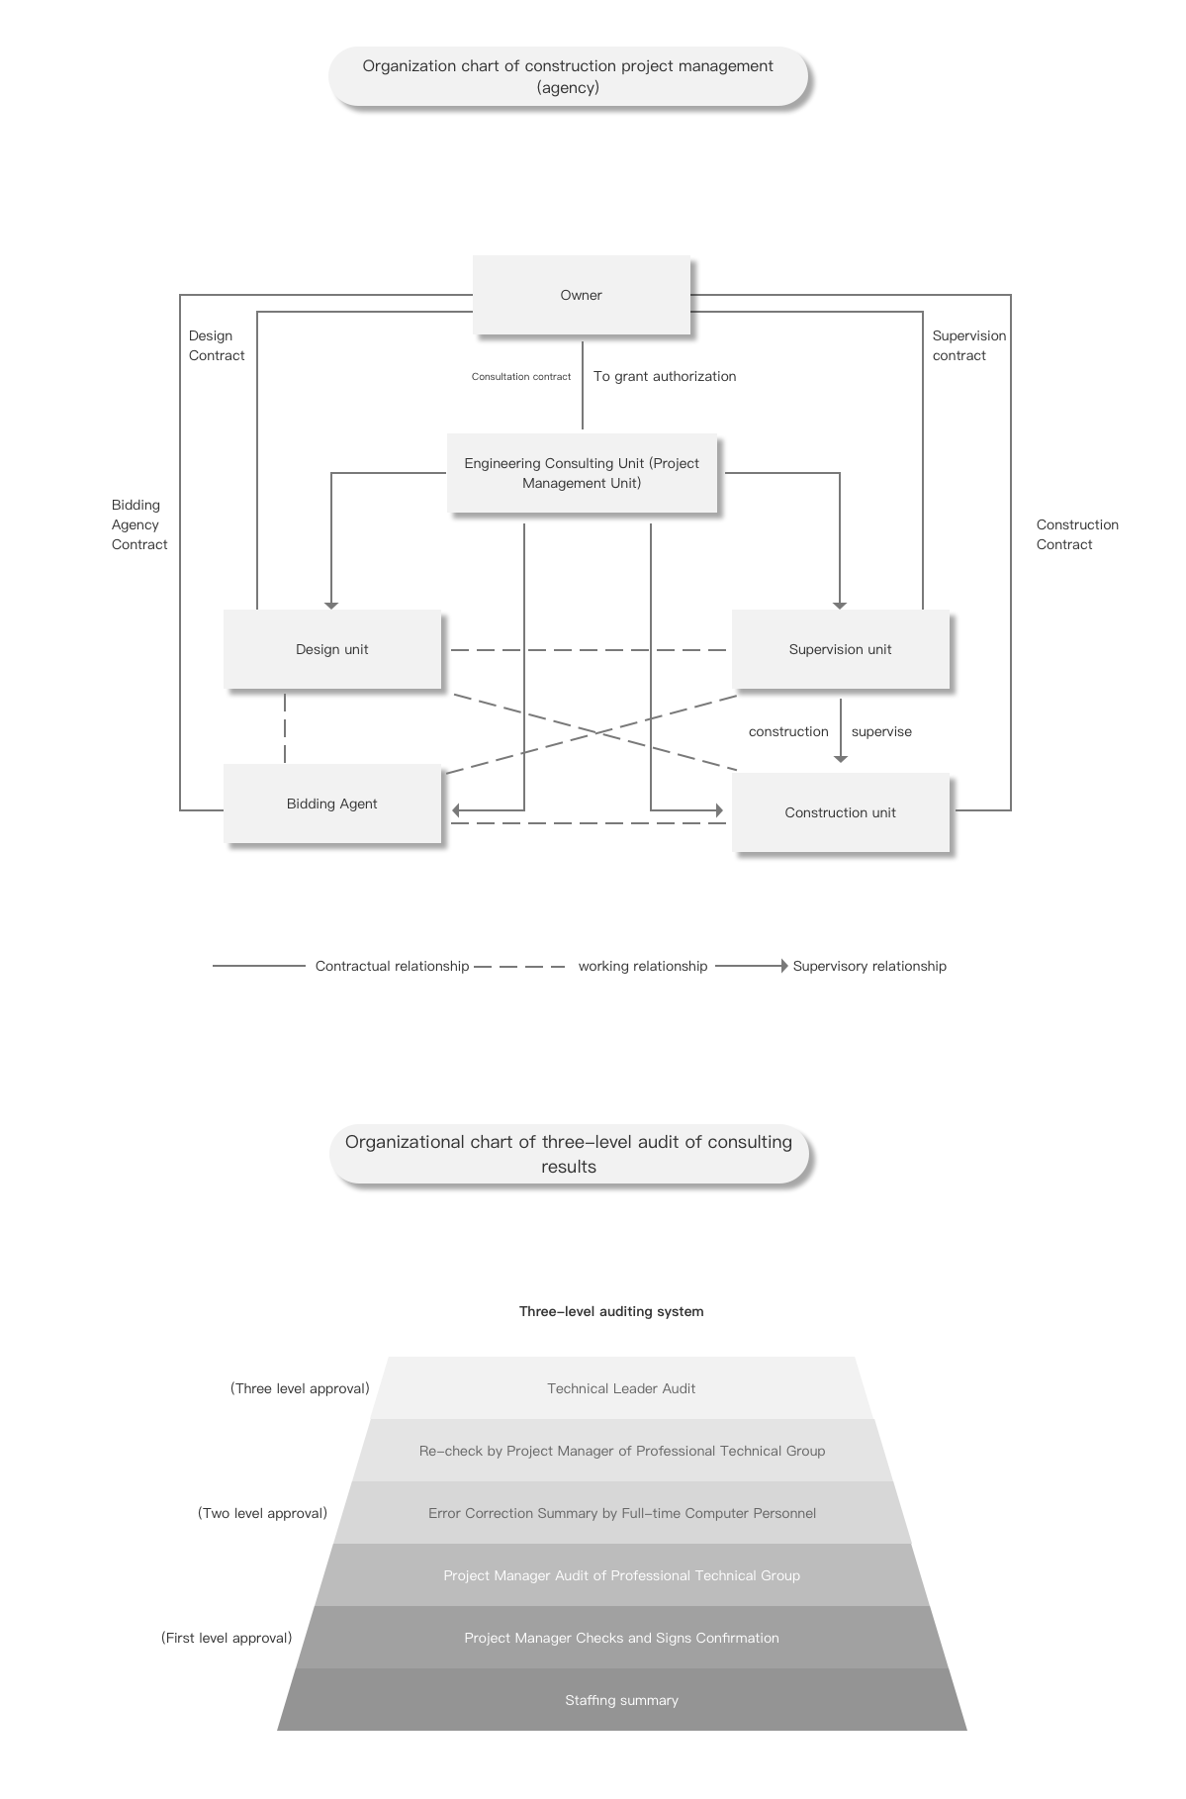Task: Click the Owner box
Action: (582, 295)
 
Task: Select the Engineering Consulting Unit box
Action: (582, 473)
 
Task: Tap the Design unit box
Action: (332, 649)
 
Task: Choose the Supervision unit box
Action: (841, 649)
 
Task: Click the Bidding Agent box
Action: (332, 804)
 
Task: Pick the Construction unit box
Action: (841, 812)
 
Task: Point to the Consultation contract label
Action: (521, 377)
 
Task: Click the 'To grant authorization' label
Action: (665, 376)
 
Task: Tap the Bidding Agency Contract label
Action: (139, 524)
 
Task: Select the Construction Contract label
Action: (1077, 534)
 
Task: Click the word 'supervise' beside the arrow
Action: (881, 731)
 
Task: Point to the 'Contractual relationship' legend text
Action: (392, 966)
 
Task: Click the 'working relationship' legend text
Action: (643, 966)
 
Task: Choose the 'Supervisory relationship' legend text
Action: (869, 966)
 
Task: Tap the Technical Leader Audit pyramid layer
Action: (621, 1388)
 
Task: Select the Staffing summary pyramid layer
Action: (621, 1700)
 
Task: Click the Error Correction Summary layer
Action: (621, 1513)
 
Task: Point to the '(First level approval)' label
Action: (227, 1638)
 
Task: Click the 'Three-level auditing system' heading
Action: (611, 1311)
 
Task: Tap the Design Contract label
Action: (217, 345)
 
